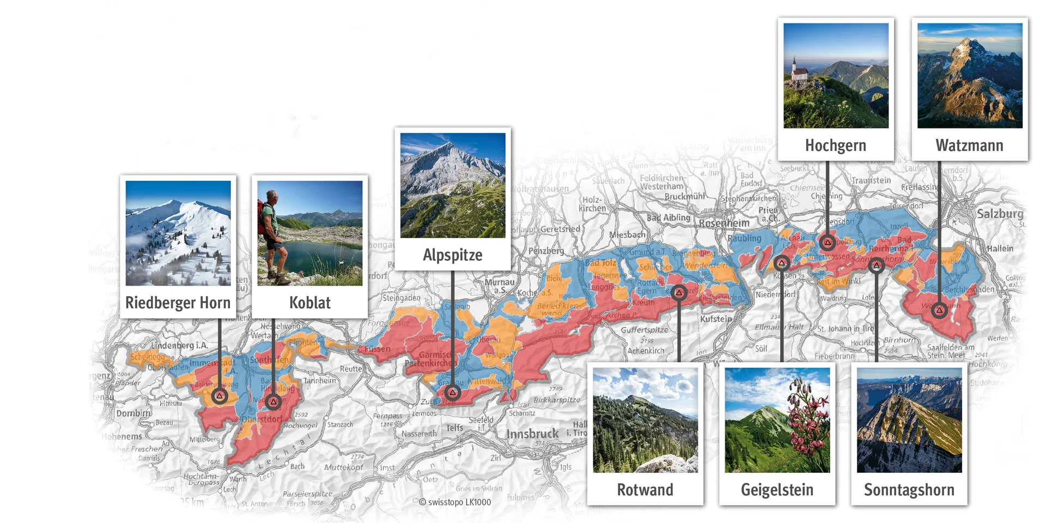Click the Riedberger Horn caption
pos(178,302)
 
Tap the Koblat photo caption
pos(309,302)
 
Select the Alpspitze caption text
pos(452,255)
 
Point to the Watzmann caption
pos(969,145)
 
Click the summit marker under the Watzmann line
pos(939,311)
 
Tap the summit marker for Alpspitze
pos(452,393)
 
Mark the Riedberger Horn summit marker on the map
pos(220,396)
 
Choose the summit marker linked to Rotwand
pos(679,293)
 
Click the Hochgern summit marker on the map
pos(828,242)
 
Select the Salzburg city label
pos(1000,214)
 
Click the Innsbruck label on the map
pos(532,434)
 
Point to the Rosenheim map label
pos(724,223)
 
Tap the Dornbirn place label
pos(133,413)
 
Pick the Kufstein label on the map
pos(716,319)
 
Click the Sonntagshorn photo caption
pos(909,490)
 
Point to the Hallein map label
pos(1000,248)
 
